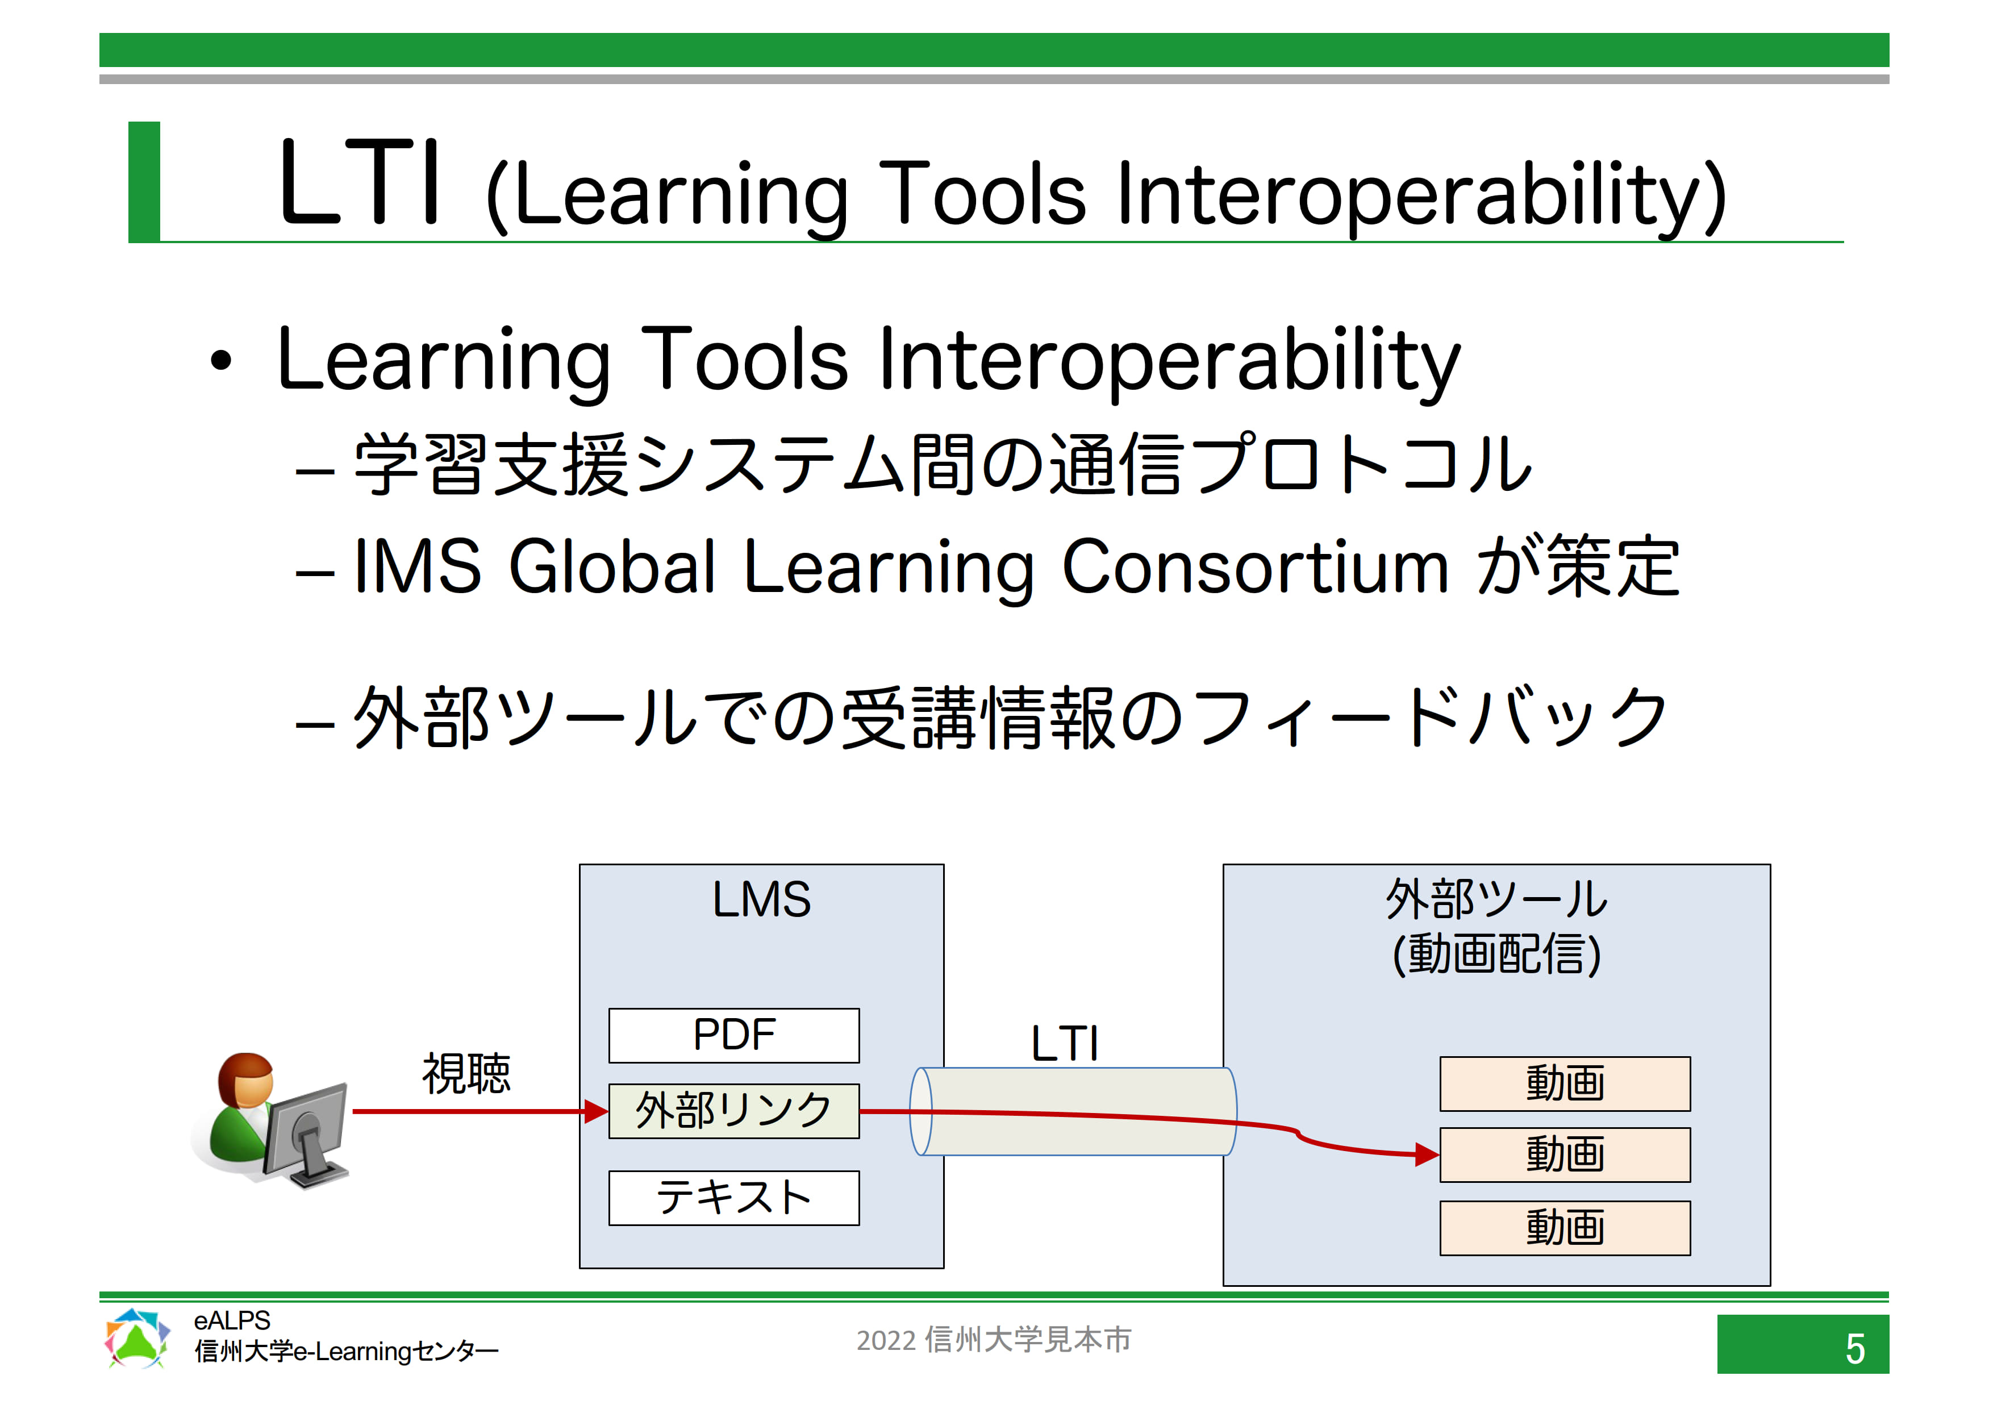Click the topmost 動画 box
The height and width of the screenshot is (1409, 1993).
point(1565,1083)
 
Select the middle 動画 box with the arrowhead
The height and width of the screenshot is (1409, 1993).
point(1565,1154)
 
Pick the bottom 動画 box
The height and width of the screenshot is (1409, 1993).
point(1565,1228)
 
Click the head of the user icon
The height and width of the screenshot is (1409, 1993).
point(245,1081)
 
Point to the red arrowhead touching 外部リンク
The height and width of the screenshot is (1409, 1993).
point(597,1111)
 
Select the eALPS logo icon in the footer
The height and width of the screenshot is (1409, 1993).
point(136,1339)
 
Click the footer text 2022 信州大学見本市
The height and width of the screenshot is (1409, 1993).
point(994,1340)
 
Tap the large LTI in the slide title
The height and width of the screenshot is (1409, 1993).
point(360,182)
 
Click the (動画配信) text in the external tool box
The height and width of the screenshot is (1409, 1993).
point(1496,953)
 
